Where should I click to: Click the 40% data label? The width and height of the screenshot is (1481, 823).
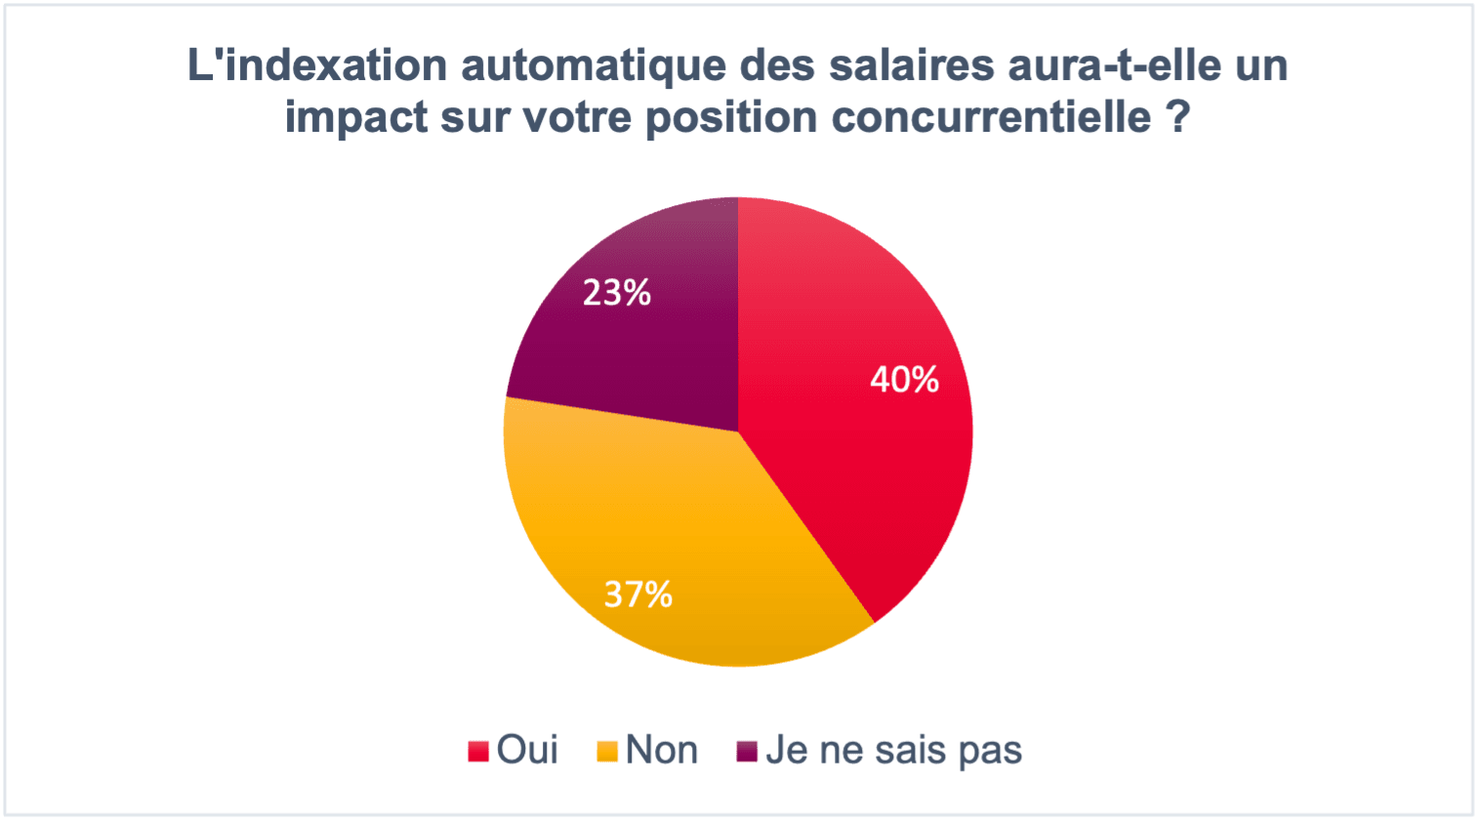click(904, 380)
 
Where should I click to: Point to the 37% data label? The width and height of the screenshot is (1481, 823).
click(638, 594)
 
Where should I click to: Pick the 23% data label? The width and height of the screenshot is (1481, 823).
click(616, 292)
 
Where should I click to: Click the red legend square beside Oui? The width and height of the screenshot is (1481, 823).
click(478, 751)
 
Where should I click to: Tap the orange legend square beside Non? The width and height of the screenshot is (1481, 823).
click(607, 751)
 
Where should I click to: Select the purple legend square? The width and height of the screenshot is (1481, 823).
click(747, 751)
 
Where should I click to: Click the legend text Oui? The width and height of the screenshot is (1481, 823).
click(527, 750)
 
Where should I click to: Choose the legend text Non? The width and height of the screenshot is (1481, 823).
click(661, 750)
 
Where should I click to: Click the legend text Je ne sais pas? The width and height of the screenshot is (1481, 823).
click(893, 750)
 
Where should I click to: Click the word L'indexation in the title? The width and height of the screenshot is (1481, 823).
click(316, 66)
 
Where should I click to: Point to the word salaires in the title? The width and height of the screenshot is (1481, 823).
click(912, 66)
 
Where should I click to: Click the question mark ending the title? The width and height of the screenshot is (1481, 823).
click(1178, 117)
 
